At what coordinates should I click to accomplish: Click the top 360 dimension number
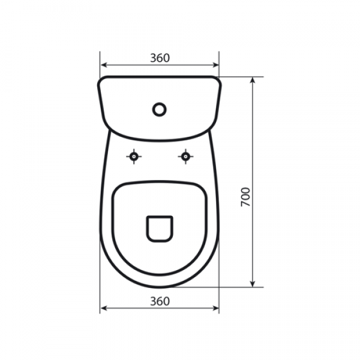click(160, 58)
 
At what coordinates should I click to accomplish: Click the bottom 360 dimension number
click(160, 301)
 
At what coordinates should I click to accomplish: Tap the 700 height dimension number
click(245, 197)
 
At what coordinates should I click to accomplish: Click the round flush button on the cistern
click(159, 109)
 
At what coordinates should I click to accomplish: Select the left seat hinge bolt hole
click(134, 157)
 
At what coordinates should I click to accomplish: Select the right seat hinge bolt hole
click(185, 157)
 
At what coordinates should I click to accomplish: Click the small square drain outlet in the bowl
click(160, 229)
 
